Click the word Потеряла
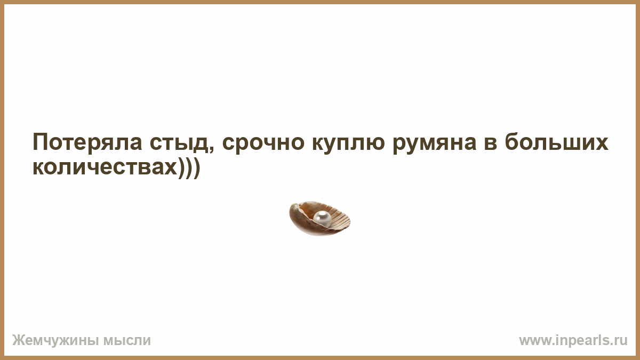tap(87, 142)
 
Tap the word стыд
tap(180, 142)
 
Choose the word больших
tap(556, 141)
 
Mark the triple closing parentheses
tap(189, 169)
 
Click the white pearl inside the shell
tap(322, 219)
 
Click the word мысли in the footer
tap(127, 341)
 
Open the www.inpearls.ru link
tap(573, 341)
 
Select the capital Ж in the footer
tap(18, 341)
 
